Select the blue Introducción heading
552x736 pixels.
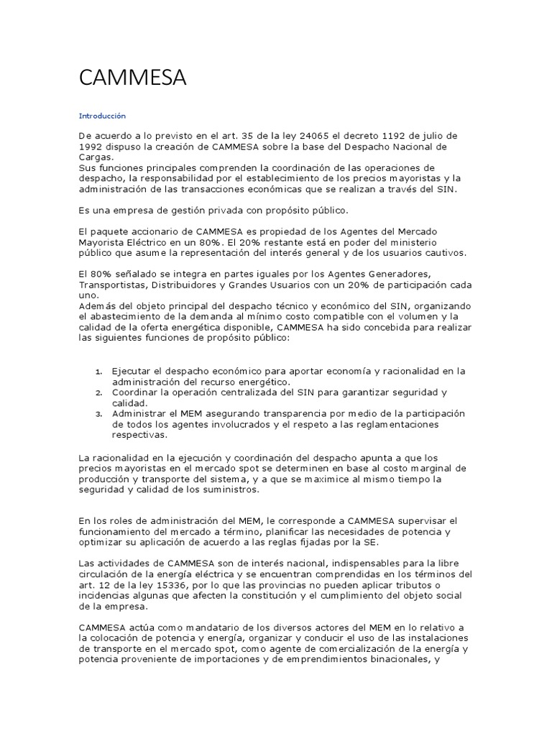102,116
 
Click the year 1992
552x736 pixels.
93,147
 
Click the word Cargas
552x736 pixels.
96,157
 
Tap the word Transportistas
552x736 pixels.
112,284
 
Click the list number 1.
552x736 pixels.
98,372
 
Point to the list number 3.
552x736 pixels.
98,414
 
